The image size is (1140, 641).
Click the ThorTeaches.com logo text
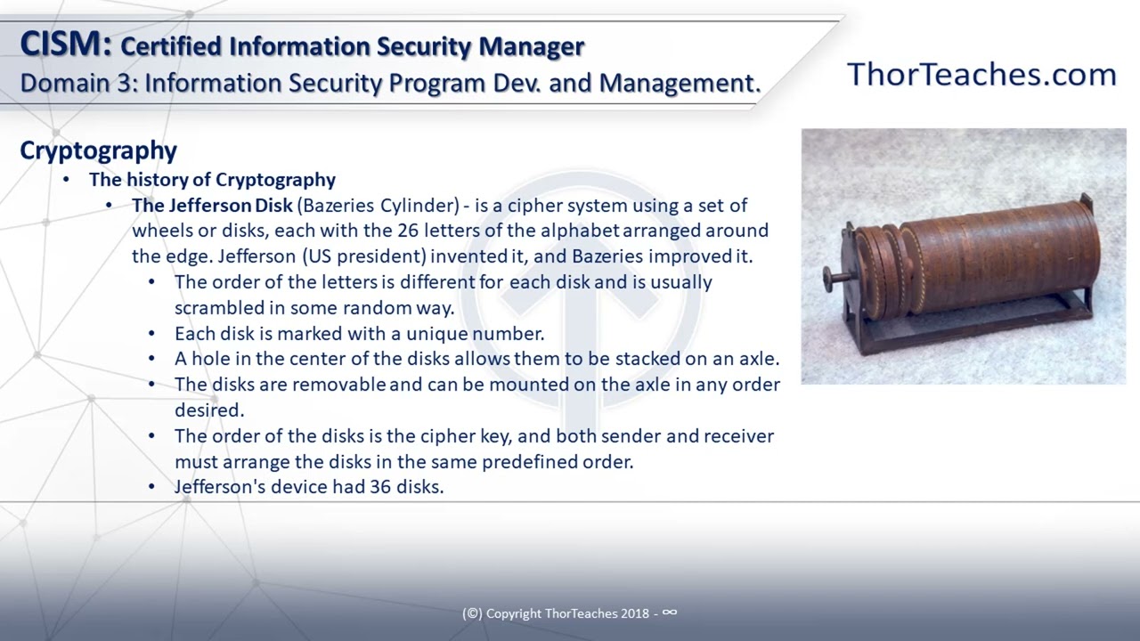981,74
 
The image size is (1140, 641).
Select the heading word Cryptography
98,150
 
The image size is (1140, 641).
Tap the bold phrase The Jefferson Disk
212,206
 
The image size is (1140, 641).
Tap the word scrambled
216,308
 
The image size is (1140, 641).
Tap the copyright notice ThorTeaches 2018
570,613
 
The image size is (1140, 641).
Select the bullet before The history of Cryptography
67,180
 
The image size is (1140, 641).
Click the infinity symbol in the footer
670,613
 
